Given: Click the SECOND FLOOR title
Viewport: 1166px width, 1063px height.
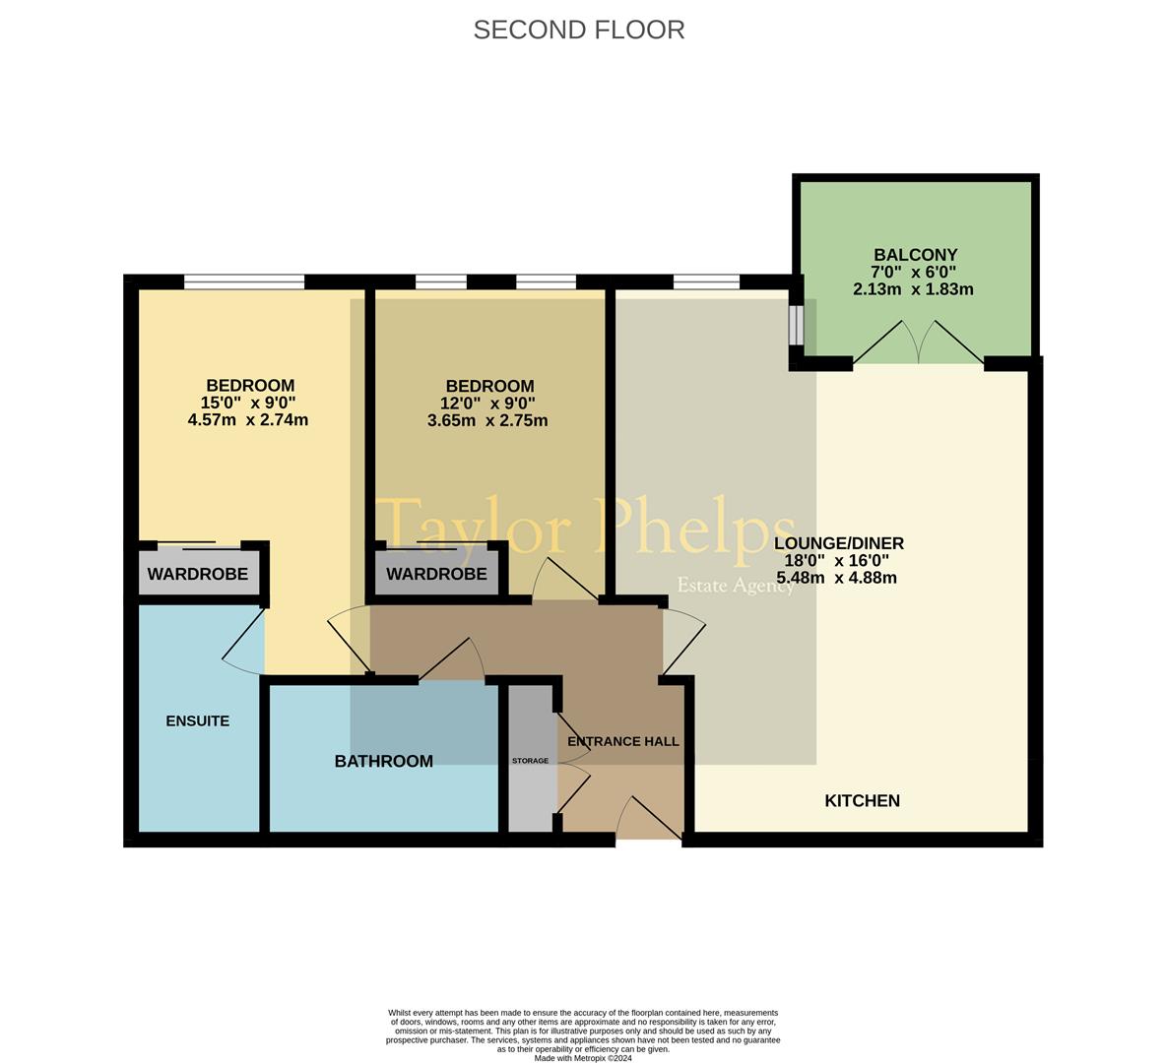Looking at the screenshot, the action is [x=578, y=30].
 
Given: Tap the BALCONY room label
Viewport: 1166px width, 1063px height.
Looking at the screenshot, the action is [x=916, y=254].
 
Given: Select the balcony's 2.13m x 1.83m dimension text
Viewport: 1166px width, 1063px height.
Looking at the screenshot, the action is [x=913, y=289].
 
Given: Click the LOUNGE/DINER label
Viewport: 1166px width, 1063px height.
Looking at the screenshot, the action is [x=839, y=543].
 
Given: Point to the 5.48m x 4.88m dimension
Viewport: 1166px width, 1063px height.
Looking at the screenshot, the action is [x=836, y=578].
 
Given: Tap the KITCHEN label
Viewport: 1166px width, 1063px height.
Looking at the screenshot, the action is [x=863, y=800].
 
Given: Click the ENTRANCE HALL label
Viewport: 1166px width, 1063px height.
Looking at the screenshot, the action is [x=623, y=741].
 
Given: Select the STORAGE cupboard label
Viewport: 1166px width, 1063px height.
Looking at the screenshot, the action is [x=530, y=761].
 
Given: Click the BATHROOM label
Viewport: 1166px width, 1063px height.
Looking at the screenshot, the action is [x=384, y=761].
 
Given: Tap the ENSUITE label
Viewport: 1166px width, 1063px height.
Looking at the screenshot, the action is [x=198, y=721].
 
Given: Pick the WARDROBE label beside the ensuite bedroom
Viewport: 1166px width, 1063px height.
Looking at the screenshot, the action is [x=198, y=574].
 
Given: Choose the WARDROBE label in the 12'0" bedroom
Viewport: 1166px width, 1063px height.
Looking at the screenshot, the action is [x=436, y=574].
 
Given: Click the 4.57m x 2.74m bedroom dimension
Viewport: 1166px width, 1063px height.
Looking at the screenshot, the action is [x=248, y=420].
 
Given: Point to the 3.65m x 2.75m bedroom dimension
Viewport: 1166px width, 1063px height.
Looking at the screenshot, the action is [x=487, y=420].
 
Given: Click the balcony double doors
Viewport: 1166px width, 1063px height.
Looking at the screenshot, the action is [x=919, y=343].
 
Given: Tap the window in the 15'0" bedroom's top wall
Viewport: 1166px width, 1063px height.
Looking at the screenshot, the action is [x=244, y=281].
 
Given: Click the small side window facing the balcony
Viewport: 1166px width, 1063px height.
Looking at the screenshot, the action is [x=797, y=325].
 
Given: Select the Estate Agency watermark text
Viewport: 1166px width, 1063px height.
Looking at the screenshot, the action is [x=736, y=586].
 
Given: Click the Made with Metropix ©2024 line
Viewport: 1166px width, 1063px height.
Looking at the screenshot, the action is [x=583, y=1058].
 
